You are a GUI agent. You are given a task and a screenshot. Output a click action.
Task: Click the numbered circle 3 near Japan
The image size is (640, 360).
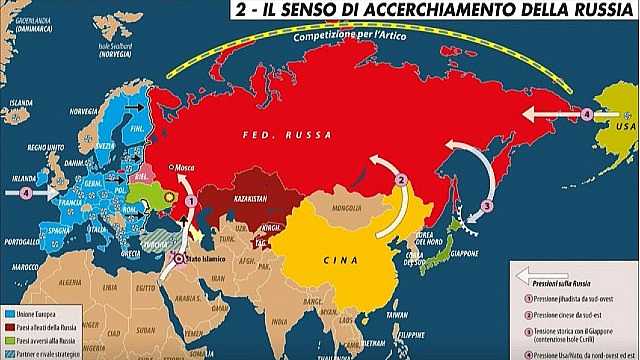[487, 206]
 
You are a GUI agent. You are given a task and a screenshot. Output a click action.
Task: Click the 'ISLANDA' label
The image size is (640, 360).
[19, 102]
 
